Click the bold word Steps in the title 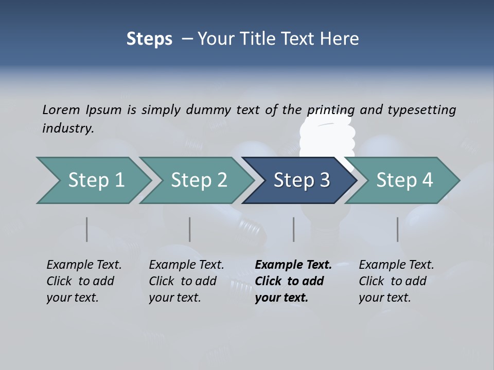[x=149, y=39]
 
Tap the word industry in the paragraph [x=67, y=128]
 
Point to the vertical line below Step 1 [x=86, y=229]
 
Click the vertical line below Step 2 [x=190, y=229]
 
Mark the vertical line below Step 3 [x=293, y=229]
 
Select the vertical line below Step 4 [x=397, y=229]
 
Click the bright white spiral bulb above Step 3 [x=328, y=136]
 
